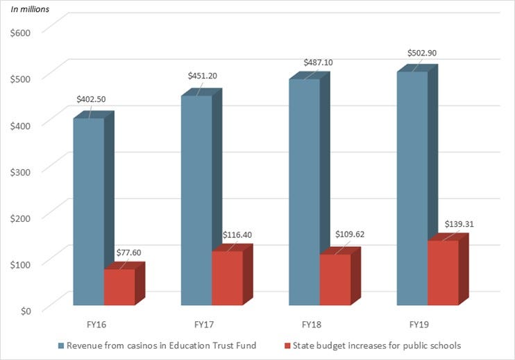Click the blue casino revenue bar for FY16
pos(88,212)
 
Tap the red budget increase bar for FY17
pos(227,277)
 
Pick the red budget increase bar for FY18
pos(335,280)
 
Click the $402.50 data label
pos(90,99)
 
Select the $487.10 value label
pos(318,62)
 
